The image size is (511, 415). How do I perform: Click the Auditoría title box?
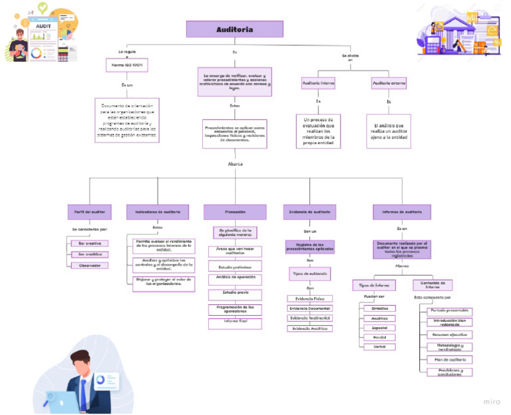click(234, 29)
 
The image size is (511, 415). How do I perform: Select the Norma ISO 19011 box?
click(126, 65)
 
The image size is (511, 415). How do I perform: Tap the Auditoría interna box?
click(317, 83)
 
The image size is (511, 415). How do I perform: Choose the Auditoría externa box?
click(389, 83)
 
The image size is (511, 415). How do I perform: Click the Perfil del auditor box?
click(88, 211)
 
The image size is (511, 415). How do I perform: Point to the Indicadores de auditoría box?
click(157, 211)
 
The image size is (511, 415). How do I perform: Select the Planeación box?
click(235, 211)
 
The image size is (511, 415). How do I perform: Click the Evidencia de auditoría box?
click(309, 211)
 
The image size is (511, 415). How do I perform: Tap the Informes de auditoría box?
click(401, 211)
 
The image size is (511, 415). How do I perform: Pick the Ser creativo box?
click(90, 243)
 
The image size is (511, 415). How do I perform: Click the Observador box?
click(90, 265)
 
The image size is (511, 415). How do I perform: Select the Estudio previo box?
click(235, 292)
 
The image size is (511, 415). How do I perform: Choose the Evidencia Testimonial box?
click(309, 318)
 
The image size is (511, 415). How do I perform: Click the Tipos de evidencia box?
click(309, 272)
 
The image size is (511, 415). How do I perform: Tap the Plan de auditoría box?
click(450, 359)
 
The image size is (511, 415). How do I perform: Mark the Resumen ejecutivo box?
click(450, 334)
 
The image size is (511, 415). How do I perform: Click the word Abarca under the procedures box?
click(235, 163)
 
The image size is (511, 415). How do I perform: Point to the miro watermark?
click(491, 402)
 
